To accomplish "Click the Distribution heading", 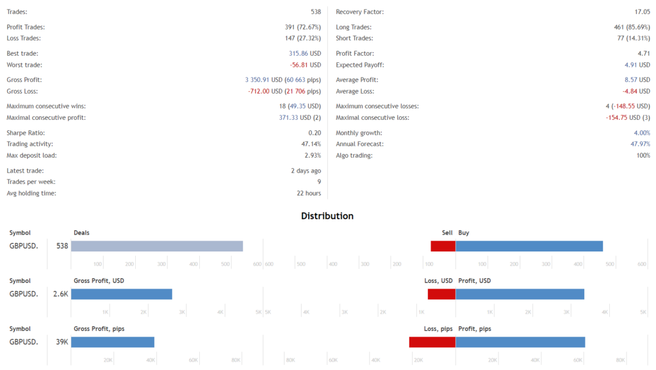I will coord(327,216).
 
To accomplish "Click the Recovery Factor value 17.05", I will coord(638,12).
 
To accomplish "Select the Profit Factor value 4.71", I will coord(641,54).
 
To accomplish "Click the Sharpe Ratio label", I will coord(26,133).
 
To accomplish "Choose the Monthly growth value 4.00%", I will coord(639,133).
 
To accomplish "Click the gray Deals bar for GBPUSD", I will coord(157,246).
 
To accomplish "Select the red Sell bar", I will coord(443,246).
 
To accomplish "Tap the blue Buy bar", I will coord(529,246).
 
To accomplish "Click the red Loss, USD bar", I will coord(441,294).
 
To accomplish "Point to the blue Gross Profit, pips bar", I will coord(113,342).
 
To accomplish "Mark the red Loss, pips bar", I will coord(432,342).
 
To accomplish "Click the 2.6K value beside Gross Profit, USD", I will coord(60,294).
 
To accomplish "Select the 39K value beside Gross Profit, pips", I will coord(61,342).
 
